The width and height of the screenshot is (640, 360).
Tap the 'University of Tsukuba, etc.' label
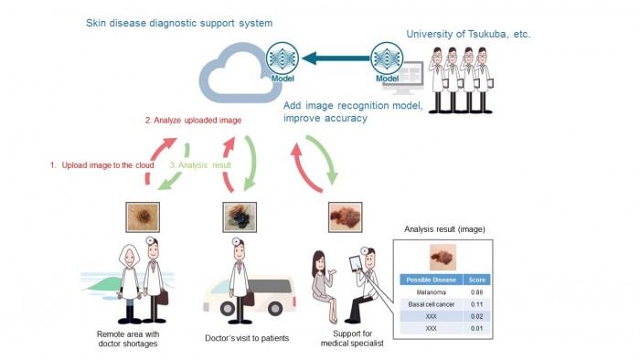pos(468,34)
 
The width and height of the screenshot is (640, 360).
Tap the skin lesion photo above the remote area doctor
pos(143,217)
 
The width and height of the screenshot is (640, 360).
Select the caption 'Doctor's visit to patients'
pos(247,338)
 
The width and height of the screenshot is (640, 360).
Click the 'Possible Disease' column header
pos(430,279)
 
